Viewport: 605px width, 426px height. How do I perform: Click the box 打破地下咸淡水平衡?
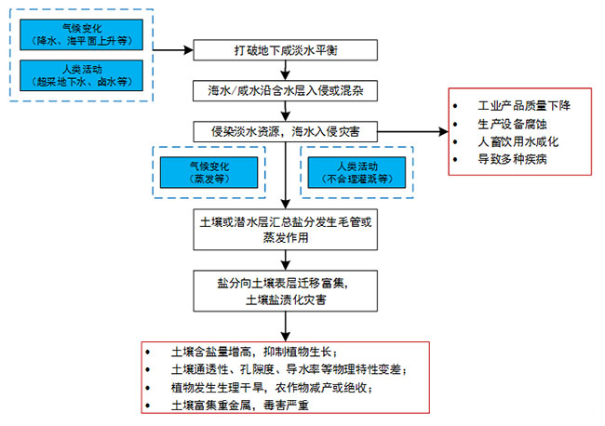point(287,49)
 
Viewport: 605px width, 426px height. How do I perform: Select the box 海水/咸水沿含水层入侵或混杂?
point(287,91)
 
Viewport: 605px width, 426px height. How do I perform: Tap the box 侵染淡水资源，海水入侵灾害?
point(287,132)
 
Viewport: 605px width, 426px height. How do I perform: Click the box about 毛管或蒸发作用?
point(287,232)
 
